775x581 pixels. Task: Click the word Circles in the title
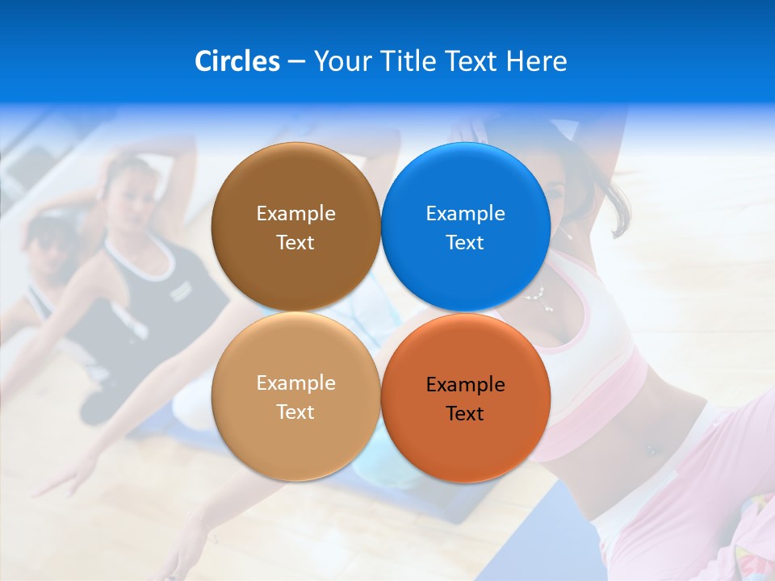pyautogui.click(x=237, y=61)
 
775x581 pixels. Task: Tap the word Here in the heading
pyautogui.click(x=536, y=61)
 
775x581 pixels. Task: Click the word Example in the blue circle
pyautogui.click(x=465, y=214)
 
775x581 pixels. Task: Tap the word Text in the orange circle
pyautogui.click(x=465, y=414)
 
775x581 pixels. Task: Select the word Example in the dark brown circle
pyautogui.click(x=295, y=214)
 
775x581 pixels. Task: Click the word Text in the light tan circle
pyautogui.click(x=295, y=412)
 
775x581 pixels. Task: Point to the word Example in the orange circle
pyautogui.click(x=465, y=385)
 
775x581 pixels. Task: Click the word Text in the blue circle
pyautogui.click(x=465, y=243)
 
